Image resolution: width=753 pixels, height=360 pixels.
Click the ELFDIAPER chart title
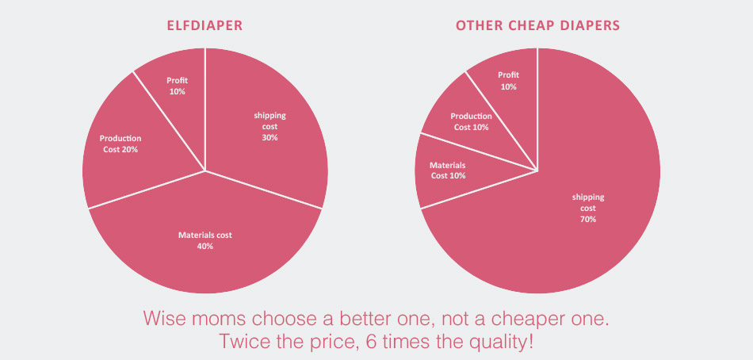[x=204, y=26]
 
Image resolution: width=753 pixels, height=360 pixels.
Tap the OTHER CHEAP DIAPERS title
[x=537, y=26]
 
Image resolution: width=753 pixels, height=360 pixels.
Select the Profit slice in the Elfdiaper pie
[x=177, y=85]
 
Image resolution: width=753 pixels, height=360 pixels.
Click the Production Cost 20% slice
[x=120, y=144]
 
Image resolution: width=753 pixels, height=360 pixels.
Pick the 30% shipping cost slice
[x=269, y=127]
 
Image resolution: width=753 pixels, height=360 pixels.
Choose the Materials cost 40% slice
[x=205, y=239]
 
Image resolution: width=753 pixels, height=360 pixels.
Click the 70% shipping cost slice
[x=587, y=208]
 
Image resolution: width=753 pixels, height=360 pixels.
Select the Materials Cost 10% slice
[x=449, y=170]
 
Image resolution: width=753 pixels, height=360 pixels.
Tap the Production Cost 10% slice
[x=469, y=121]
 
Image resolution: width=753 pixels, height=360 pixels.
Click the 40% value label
[x=205, y=246]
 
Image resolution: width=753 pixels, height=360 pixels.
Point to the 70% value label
[x=587, y=219]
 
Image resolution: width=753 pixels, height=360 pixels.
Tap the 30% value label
[x=269, y=137]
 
